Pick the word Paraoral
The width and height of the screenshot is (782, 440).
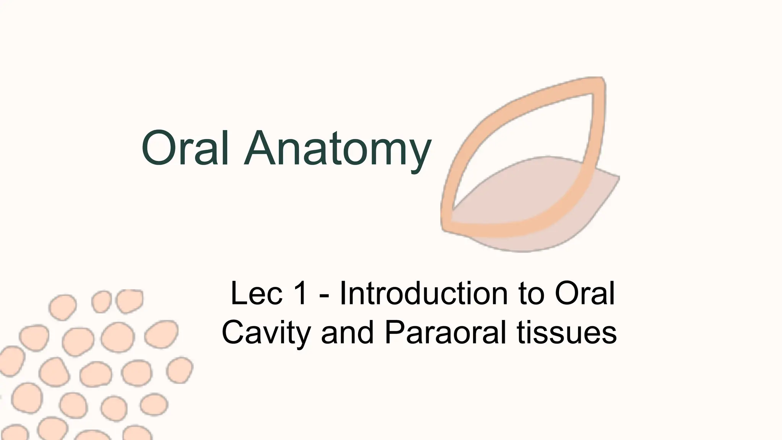click(x=445, y=332)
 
